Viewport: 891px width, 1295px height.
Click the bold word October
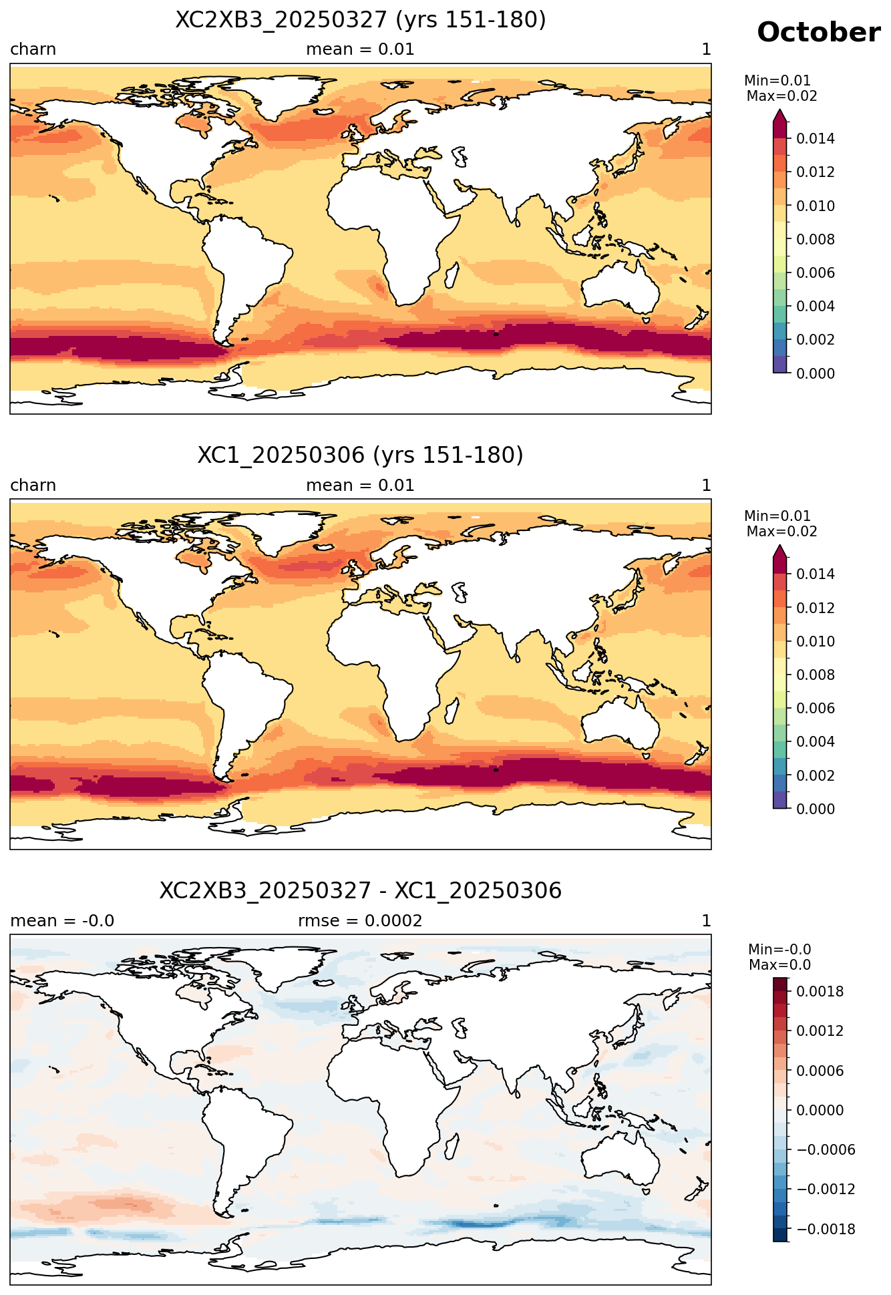coord(818,32)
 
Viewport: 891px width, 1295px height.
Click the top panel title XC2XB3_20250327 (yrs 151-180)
coord(361,20)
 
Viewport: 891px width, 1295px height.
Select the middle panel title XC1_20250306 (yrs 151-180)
coord(361,455)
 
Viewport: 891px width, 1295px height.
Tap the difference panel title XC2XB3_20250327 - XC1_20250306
coord(361,891)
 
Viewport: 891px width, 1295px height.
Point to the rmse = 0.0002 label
coord(360,921)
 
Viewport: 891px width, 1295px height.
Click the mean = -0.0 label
coord(62,921)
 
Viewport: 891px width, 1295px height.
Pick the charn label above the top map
coord(33,49)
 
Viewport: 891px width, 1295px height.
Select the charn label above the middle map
coord(33,486)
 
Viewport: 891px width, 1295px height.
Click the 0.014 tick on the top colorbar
coord(815,139)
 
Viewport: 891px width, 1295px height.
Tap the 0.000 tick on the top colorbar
coord(815,373)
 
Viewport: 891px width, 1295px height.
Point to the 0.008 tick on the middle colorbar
coord(815,675)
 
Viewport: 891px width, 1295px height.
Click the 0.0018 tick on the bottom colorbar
coord(820,992)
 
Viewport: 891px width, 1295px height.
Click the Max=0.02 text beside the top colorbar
coord(781,96)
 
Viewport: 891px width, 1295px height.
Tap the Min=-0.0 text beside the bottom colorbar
coord(779,950)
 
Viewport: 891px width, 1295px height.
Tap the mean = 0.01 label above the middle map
coord(360,486)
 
